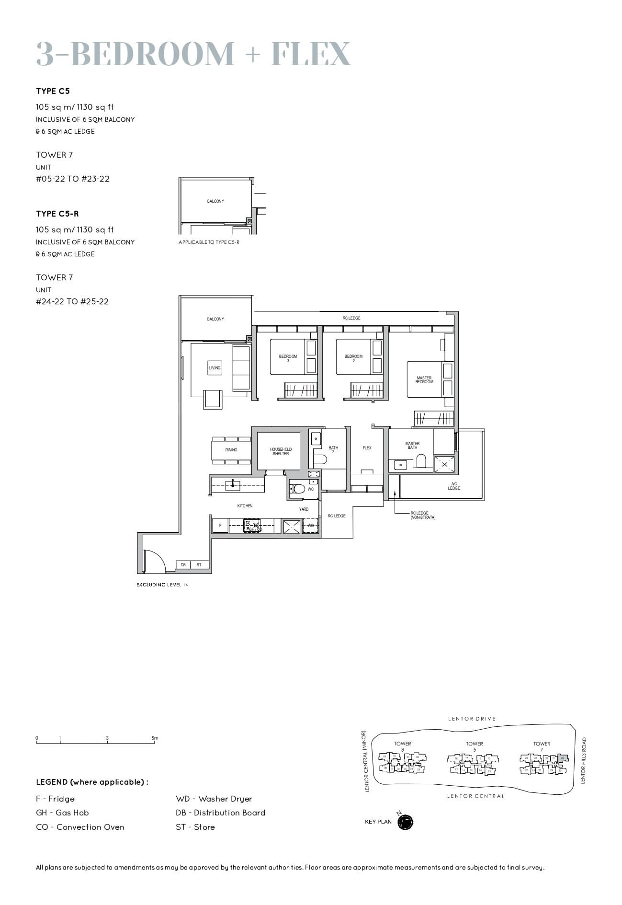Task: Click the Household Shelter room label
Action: (281, 451)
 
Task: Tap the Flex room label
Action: (367, 448)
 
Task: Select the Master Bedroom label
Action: (424, 380)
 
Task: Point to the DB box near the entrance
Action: (183, 565)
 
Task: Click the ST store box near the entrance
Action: (199, 565)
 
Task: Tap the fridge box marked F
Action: (220, 526)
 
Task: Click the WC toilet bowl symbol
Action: (299, 489)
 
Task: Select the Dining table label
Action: (231, 450)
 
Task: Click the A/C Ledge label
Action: (454, 486)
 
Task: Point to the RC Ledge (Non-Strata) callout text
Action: (422, 515)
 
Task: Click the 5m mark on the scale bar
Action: (155, 738)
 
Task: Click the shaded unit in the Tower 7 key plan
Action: (564, 758)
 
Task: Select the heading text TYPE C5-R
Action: (57, 214)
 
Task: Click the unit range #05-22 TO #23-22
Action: (73, 179)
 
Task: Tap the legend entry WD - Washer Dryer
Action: (214, 799)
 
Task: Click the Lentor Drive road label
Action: (472, 719)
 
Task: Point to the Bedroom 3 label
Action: (288, 358)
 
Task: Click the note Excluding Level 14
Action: (162, 584)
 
